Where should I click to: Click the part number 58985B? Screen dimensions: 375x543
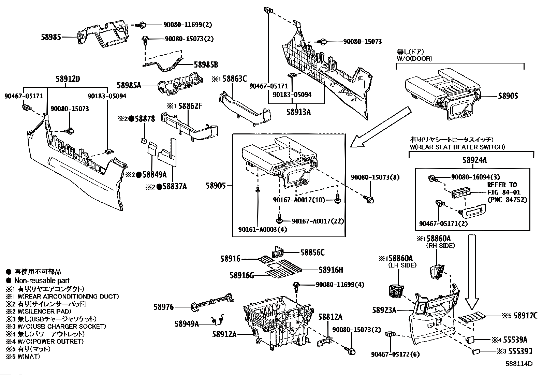pos(206,64)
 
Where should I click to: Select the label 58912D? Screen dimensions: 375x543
pos(68,79)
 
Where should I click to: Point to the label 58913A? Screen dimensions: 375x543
pos(298,112)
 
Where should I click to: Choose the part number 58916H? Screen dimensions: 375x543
pos(331,270)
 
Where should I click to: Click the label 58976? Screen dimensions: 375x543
pos(164,307)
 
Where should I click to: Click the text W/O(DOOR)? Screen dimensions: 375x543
pos(414,58)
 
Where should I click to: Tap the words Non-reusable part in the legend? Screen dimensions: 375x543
pos(42,281)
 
